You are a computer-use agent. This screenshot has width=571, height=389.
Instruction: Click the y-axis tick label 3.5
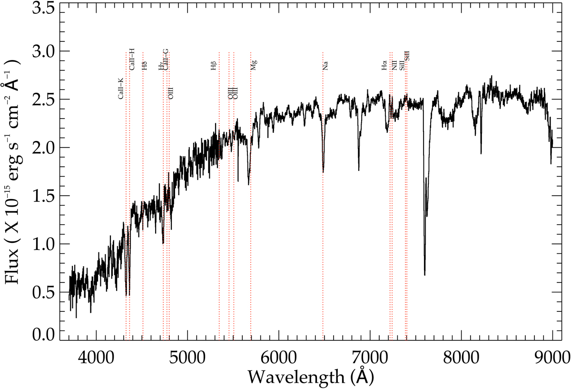tap(43, 9)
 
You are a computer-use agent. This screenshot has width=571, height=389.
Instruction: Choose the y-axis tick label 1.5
tap(43, 196)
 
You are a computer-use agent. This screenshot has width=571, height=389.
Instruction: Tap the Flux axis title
tap(14, 171)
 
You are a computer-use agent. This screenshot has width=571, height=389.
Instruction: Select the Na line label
tap(325, 66)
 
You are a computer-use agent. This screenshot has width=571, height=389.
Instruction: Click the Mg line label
tap(254, 65)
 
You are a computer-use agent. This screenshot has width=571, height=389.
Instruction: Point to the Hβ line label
tap(214, 66)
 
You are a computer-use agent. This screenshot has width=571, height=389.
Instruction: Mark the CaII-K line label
tap(121, 89)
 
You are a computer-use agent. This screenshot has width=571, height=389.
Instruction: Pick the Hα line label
tap(384, 66)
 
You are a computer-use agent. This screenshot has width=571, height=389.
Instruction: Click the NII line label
tap(394, 66)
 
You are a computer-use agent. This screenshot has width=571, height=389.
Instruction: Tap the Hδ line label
tap(145, 66)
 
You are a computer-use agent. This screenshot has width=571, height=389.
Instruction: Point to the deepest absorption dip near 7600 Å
tap(424, 274)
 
